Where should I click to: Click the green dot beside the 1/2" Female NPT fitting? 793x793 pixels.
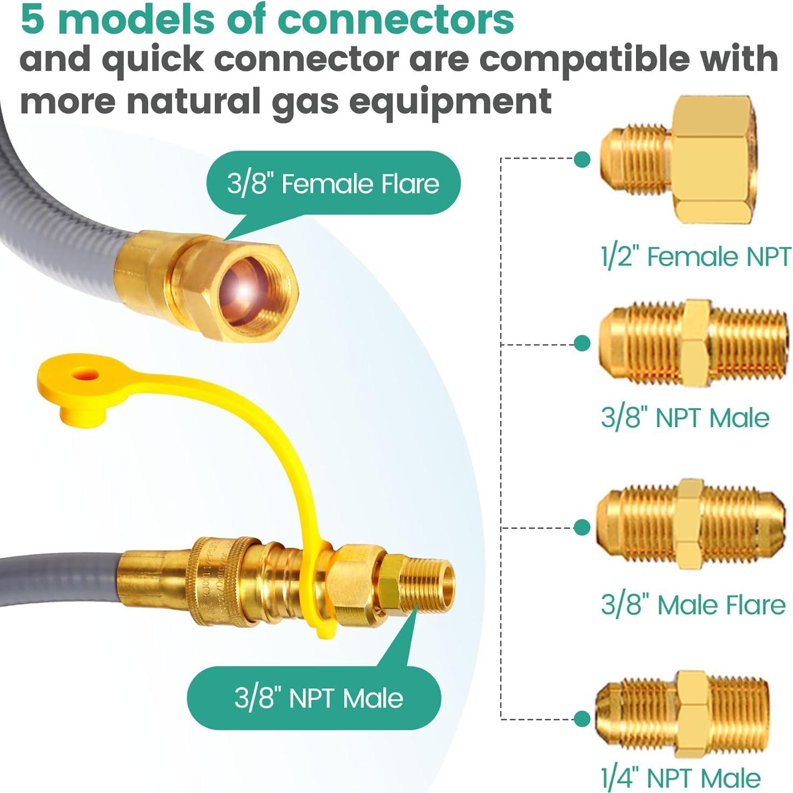[582, 159]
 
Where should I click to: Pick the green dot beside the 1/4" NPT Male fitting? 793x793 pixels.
[582, 719]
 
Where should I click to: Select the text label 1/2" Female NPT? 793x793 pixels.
[695, 256]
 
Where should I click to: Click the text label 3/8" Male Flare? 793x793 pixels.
[693, 605]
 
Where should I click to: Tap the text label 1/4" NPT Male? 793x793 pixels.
[680, 778]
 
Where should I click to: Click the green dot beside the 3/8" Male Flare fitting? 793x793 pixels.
[582, 527]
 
